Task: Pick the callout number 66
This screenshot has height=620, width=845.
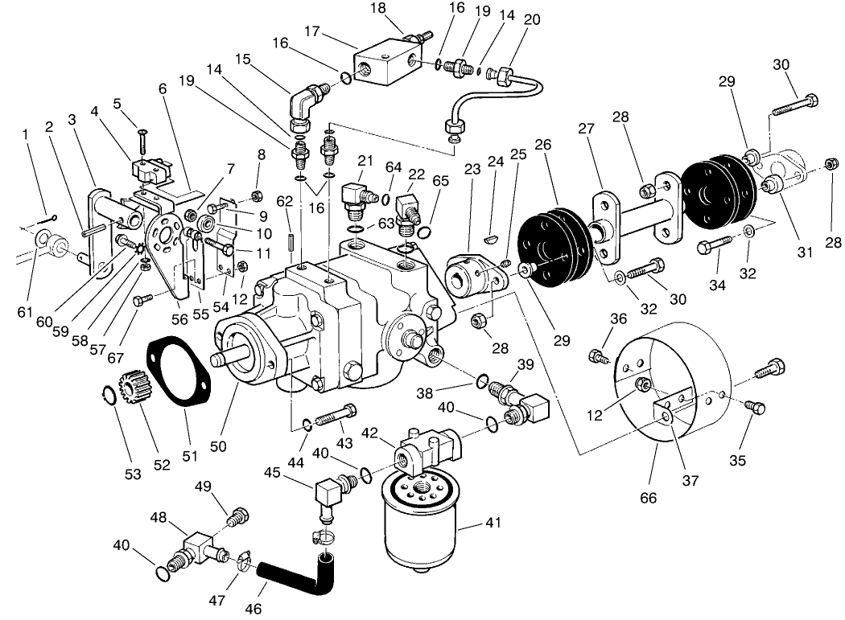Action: pos(648,499)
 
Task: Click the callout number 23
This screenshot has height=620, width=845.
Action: pos(472,169)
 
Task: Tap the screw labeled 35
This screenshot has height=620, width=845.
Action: pos(756,407)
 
